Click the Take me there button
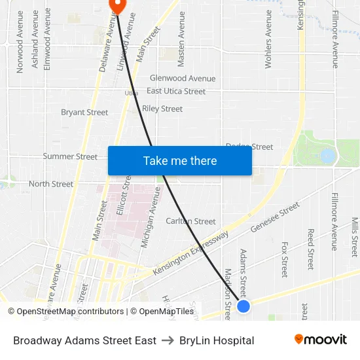[x=180, y=160]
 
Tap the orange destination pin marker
[x=116, y=5]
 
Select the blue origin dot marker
[x=243, y=306]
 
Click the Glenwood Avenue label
[x=183, y=79]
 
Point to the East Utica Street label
[x=176, y=91]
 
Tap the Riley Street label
[x=162, y=109]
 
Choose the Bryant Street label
[x=84, y=113]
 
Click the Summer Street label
[x=70, y=156]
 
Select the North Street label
[x=51, y=184]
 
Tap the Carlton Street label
[x=190, y=221]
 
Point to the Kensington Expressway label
[x=191, y=253]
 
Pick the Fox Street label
[x=284, y=259]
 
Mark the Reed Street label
[x=311, y=249]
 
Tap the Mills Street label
[x=355, y=237]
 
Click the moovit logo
[x=321, y=340]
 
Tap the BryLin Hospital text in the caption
[x=217, y=340]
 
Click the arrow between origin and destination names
[x=168, y=340]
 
